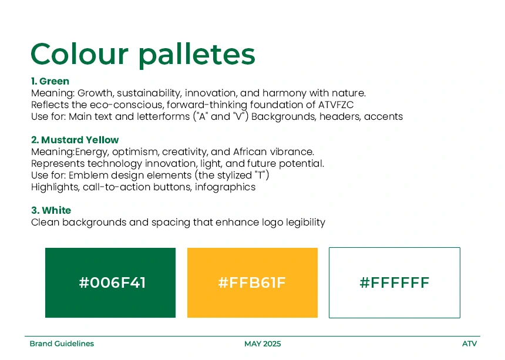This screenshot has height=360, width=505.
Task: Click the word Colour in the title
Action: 79,54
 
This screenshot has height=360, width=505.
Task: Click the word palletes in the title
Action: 197,55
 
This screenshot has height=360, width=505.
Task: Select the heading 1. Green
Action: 51,81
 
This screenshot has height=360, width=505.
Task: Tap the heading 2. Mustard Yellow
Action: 75,140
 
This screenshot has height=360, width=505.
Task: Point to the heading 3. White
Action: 51,210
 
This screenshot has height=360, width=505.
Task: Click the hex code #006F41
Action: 112,282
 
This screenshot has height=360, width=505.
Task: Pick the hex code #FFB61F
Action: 252,282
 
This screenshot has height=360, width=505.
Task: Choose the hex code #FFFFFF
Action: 394,282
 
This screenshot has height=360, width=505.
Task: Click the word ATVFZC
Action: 336,105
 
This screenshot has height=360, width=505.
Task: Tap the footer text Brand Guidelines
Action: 62,344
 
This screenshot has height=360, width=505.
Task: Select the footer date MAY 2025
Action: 262,344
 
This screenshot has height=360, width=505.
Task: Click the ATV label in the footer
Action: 469,344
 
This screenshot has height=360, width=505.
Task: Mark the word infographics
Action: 225,187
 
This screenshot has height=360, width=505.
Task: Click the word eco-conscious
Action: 127,105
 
